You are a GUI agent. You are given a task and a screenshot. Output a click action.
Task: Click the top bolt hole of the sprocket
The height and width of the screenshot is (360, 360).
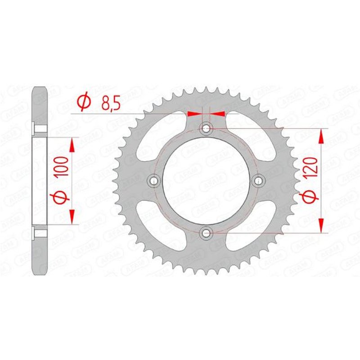point(207,129)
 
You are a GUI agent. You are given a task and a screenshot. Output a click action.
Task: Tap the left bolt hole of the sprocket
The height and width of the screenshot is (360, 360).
point(155,180)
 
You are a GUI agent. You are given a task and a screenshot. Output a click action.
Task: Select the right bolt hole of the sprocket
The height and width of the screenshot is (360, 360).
point(258,180)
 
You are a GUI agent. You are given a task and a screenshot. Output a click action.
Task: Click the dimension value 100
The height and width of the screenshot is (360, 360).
point(63,166)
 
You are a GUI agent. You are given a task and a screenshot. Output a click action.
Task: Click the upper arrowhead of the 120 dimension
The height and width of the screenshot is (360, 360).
point(321,135)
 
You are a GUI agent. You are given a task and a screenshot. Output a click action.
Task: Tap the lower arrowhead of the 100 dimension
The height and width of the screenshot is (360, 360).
point(71,217)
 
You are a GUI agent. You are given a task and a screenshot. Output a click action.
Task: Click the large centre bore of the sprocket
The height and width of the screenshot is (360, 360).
point(207,180)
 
